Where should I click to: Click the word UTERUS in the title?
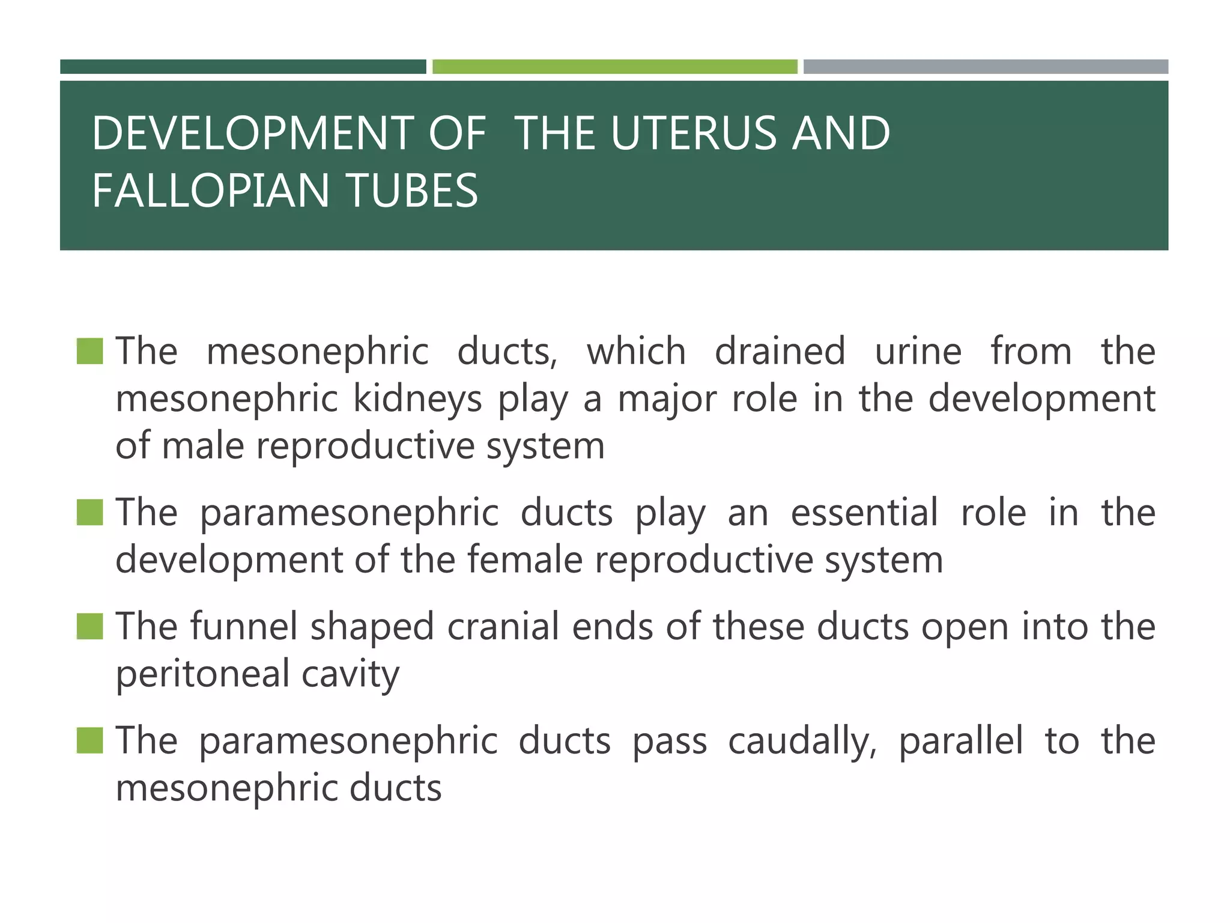(x=694, y=133)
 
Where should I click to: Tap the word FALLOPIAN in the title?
(x=211, y=190)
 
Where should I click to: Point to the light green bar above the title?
(x=614, y=67)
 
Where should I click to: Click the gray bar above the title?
(x=986, y=67)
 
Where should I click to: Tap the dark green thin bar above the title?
(x=243, y=67)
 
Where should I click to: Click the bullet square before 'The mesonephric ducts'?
(x=90, y=352)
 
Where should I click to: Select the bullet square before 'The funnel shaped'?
(x=90, y=626)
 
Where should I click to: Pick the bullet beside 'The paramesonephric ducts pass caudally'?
(x=90, y=740)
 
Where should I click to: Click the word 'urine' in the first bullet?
(x=918, y=352)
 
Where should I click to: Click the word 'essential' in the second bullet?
(x=864, y=513)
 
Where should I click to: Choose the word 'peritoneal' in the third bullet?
(x=202, y=674)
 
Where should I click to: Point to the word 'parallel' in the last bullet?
(x=960, y=741)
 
